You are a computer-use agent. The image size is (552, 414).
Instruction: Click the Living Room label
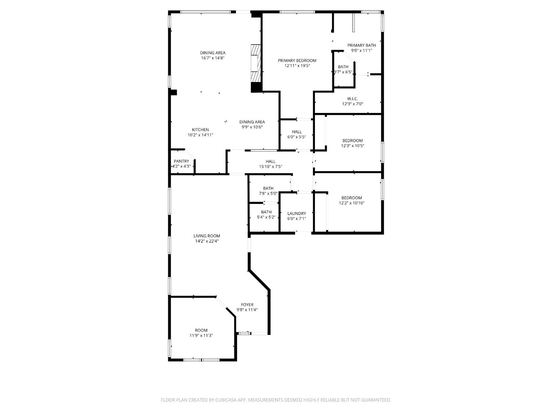coord(207,236)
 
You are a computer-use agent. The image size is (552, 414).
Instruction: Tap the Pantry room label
coord(181,161)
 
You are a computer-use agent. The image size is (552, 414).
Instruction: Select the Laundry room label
coord(297,213)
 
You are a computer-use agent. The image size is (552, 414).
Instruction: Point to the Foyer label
coord(247,305)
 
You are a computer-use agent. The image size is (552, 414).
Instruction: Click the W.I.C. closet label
coord(353,99)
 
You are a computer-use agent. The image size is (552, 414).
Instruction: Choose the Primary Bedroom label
coord(297,61)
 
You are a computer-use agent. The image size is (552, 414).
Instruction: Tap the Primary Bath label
coord(362,45)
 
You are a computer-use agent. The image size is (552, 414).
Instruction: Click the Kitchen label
coord(201,130)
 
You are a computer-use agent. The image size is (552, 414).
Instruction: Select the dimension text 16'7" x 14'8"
coord(213,58)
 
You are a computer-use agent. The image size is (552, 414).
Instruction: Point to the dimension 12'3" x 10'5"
coord(353,146)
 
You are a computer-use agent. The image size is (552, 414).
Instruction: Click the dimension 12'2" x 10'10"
coord(351,203)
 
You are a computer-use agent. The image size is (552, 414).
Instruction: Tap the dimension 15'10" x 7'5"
coord(270,166)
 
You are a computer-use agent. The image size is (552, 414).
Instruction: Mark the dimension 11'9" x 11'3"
coord(201,335)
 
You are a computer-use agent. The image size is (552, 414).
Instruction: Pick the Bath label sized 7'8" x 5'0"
coord(268,188)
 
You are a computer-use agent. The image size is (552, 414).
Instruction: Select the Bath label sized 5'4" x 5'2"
coord(266,212)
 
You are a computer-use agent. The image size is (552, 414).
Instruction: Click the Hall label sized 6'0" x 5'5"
coord(297,132)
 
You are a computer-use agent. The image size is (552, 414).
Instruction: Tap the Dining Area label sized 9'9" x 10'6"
coord(252,122)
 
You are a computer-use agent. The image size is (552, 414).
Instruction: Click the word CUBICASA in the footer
coord(226,400)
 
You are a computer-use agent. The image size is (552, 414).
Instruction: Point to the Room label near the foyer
coord(201,330)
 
